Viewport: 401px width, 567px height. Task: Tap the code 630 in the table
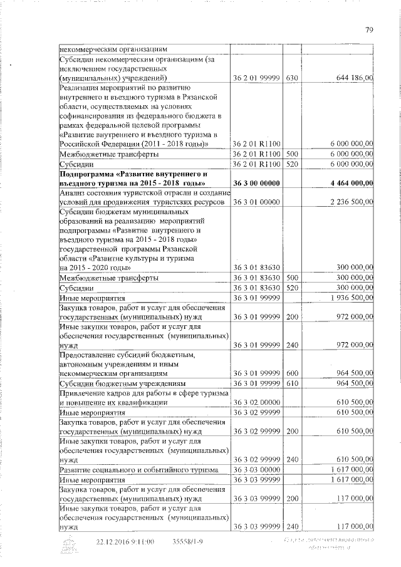tap(291, 78)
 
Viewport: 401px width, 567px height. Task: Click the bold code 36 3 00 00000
tap(256, 182)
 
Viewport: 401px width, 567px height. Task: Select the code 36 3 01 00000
tap(256, 202)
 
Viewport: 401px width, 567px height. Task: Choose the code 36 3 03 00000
tap(256, 469)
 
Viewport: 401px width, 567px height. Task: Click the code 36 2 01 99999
tap(256, 78)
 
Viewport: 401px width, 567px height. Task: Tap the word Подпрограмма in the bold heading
tap(87, 172)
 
